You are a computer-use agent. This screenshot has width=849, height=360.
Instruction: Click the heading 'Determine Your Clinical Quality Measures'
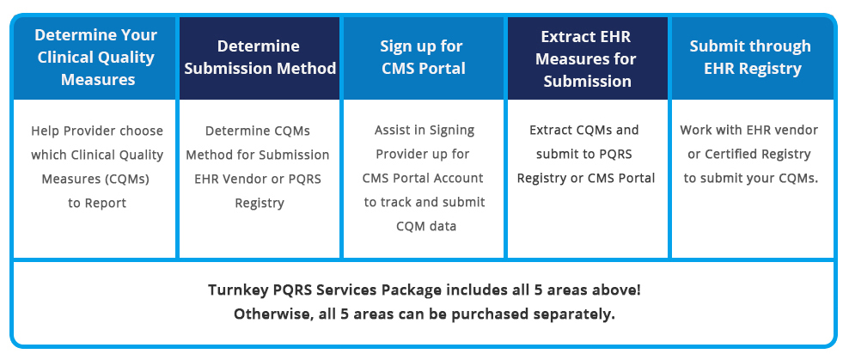click(x=97, y=58)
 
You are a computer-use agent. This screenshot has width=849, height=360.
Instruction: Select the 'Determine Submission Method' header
click(x=260, y=58)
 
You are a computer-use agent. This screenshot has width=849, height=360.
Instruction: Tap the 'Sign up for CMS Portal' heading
click(x=423, y=58)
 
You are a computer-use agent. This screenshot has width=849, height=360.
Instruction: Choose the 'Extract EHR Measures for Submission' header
click(x=586, y=59)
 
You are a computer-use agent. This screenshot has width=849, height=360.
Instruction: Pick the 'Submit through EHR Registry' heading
click(x=750, y=58)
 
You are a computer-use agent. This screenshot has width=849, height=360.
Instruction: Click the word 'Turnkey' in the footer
click(x=234, y=290)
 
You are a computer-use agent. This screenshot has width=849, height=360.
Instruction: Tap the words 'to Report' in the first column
click(x=97, y=203)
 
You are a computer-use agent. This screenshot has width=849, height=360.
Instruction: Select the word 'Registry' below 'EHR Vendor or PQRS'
click(x=260, y=204)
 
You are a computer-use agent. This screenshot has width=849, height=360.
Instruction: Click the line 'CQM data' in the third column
click(x=426, y=226)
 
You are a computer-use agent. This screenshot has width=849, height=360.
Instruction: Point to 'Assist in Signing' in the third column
click(x=424, y=131)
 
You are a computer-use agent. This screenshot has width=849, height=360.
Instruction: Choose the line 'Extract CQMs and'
click(x=584, y=131)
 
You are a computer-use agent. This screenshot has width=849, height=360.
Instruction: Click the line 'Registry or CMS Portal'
click(x=586, y=179)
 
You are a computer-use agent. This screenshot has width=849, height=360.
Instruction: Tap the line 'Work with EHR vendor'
click(x=748, y=131)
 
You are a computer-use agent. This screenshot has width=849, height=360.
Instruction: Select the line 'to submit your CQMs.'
click(x=750, y=179)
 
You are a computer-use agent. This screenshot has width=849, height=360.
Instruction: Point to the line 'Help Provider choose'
click(x=97, y=131)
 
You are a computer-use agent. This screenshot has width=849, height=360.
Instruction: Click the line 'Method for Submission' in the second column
click(x=258, y=155)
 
